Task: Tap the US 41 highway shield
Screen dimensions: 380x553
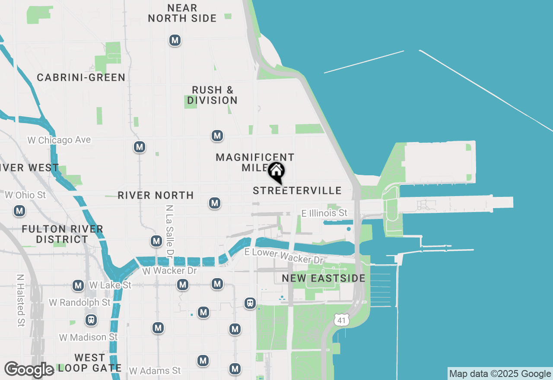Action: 341,320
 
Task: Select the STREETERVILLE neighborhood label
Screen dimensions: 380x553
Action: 297,190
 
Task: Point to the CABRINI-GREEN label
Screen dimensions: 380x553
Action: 81,77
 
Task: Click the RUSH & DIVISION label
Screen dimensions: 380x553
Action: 212,95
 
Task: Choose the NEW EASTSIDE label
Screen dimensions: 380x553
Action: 324,278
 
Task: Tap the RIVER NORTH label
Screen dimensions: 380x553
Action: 156,195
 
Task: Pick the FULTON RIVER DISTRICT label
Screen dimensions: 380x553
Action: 62,234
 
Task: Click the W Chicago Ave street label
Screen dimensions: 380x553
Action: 59,140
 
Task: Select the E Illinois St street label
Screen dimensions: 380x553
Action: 324,213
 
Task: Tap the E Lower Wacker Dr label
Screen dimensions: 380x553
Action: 284,256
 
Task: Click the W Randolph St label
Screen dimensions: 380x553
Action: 79,302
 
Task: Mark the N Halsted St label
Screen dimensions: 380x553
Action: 20,300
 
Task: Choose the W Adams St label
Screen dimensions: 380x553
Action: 155,370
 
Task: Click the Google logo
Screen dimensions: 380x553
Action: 29,370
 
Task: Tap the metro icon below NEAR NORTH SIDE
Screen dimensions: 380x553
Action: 175,41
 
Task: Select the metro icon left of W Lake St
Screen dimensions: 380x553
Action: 78,285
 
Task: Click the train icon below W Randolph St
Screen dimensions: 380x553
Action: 91,320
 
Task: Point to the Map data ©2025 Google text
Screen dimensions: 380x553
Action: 500,374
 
